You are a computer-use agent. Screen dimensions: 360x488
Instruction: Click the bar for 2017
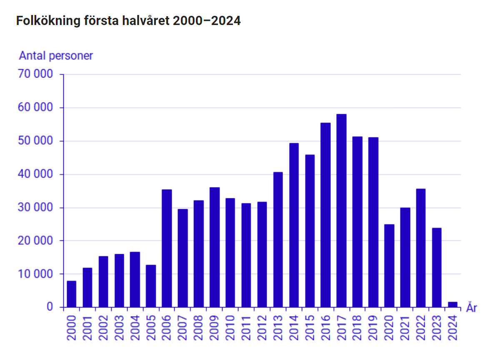point(341,210)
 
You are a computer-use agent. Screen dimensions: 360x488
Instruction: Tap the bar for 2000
point(72,294)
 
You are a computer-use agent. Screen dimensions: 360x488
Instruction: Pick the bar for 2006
point(167,248)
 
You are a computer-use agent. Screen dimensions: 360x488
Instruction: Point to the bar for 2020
point(389,265)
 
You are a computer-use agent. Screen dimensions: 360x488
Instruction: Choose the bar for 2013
point(278,239)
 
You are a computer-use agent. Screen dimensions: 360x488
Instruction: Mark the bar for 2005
point(151,286)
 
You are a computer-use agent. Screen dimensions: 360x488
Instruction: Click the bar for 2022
point(421,247)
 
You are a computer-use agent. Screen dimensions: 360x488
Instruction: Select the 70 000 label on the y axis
point(35,75)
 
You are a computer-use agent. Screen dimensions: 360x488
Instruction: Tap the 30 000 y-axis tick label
point(35,207)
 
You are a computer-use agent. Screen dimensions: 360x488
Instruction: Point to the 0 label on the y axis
point(50,307)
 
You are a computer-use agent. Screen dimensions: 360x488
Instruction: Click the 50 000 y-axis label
point(35,141)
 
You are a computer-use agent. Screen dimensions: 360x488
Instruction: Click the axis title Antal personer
point(56,56)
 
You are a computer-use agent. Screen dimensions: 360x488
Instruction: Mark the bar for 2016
point(325,215)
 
